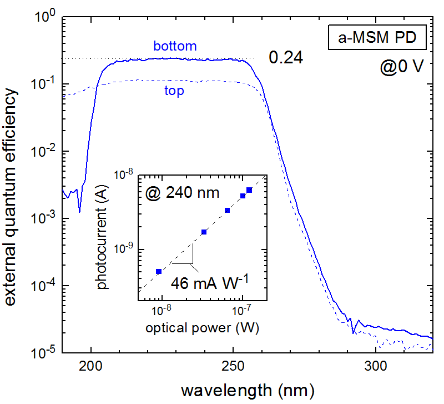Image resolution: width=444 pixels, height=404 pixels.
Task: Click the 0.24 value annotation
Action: tap(286, 58)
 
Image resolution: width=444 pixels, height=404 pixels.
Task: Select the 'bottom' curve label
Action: tap(175, 46)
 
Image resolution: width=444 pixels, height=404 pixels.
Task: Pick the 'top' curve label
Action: tap(174, 90)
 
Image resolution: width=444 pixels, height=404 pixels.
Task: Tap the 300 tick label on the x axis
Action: tap(376, 366)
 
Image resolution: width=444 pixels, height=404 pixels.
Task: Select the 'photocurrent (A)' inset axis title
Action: tap(102, 238)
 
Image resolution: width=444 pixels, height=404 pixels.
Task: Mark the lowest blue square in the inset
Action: tap(159, 271)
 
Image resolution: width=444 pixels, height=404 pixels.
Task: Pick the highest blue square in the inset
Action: tap(249, 190)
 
